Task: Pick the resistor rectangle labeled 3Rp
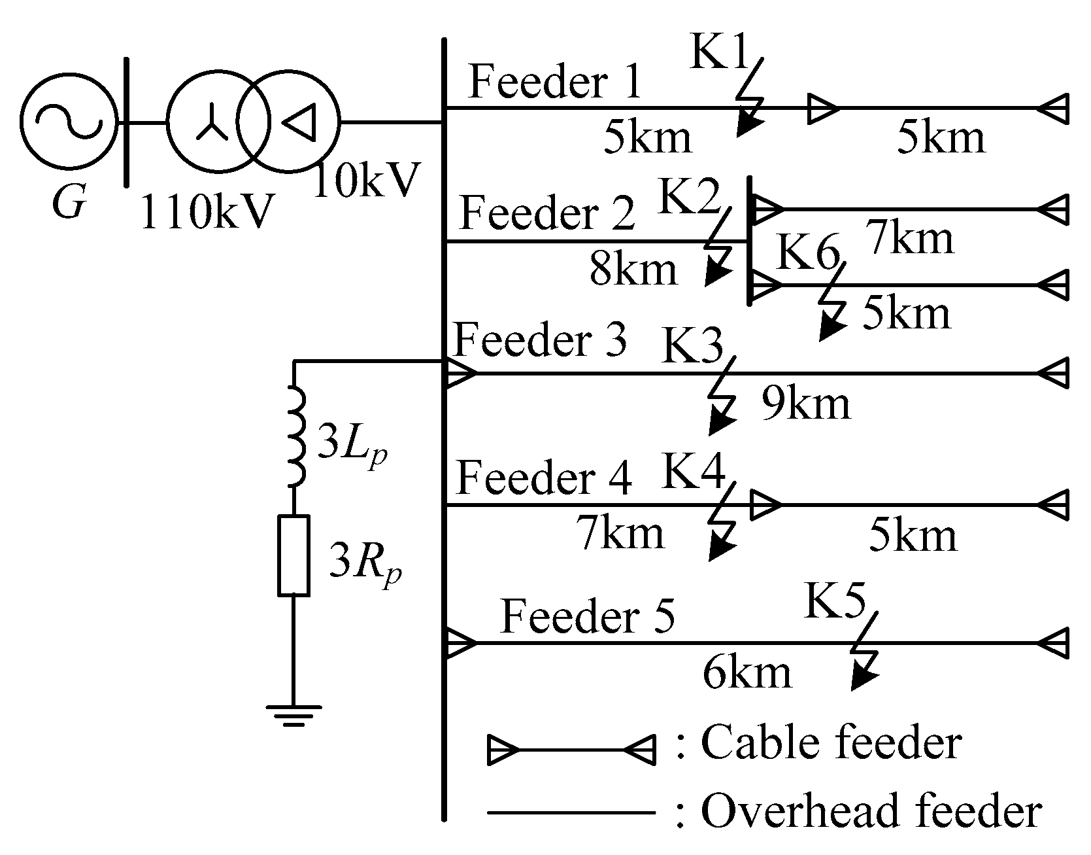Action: click(x=294, y=555)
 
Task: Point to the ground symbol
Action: click(x=294, y=715)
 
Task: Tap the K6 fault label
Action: click(x=807, y=254)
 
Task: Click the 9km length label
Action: click(x=805, y=404)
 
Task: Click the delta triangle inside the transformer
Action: click(x=300, y=122)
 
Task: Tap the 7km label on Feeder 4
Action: click(x=620, y=533)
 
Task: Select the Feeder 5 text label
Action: click(x=586, y=617)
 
